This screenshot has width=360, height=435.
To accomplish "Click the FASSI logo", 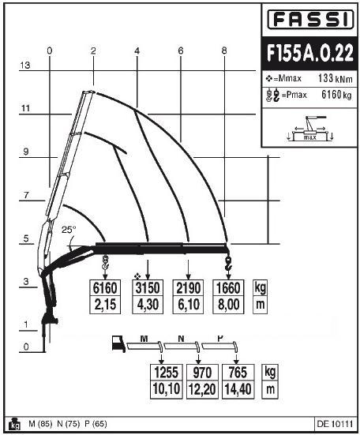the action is pos(310,19).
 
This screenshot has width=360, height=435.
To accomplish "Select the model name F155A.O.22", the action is pos(309,52).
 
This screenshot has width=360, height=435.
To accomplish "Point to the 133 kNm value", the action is pos(335,78).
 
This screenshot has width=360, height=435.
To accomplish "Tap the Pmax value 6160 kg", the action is pos(336,95).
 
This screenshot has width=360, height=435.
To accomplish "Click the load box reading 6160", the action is pos(105,288).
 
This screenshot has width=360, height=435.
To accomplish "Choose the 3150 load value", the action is pos(148,288).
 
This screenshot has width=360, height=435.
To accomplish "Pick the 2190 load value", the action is pos(188,288).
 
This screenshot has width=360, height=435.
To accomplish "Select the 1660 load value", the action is pos(228,288).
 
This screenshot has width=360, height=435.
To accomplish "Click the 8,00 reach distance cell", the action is pos(228,305).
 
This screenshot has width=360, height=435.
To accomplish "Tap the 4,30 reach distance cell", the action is pos(148,305).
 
